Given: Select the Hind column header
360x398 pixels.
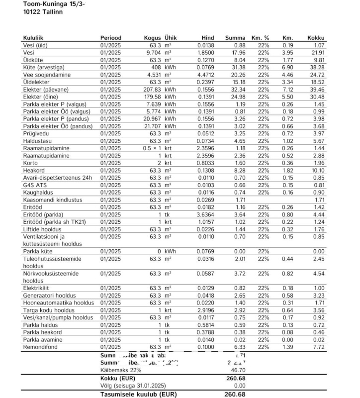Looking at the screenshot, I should (x=207, y=38).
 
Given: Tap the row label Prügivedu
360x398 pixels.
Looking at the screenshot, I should (x=37, y=133).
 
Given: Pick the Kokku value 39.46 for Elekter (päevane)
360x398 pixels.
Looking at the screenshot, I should (x=316, y=89).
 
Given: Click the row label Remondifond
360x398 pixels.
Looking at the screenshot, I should (x=41, y=347).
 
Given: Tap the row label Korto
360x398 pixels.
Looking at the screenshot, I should (x=31, y=163).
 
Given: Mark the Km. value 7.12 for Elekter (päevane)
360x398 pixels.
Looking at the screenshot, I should (x=288, y=89).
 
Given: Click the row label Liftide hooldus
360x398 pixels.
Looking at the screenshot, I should (x=42, y=229).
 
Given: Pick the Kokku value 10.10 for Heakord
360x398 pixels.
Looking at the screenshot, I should (x=316, y=170).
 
